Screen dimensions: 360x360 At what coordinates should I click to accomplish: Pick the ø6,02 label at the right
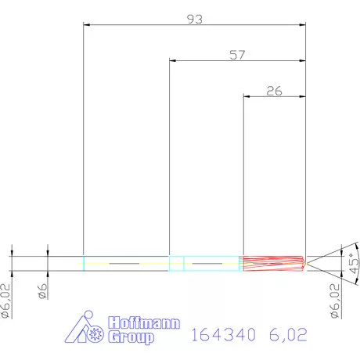[334, 301]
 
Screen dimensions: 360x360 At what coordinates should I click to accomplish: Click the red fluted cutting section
[272, 264]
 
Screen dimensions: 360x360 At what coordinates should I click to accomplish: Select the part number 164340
[224, 336]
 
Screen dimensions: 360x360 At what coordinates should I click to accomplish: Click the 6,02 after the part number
[286, 336]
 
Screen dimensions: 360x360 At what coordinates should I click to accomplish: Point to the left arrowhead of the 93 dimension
[86, 25]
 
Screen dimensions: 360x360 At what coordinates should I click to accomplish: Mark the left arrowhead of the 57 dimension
[172, 61]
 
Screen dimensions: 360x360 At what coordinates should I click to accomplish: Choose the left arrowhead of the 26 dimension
[246, 97]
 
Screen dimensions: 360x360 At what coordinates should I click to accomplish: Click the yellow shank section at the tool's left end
[126, 264]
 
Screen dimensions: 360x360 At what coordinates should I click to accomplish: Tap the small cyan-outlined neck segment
[177, 264]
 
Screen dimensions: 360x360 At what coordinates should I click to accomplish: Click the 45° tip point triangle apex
[307, 264]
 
